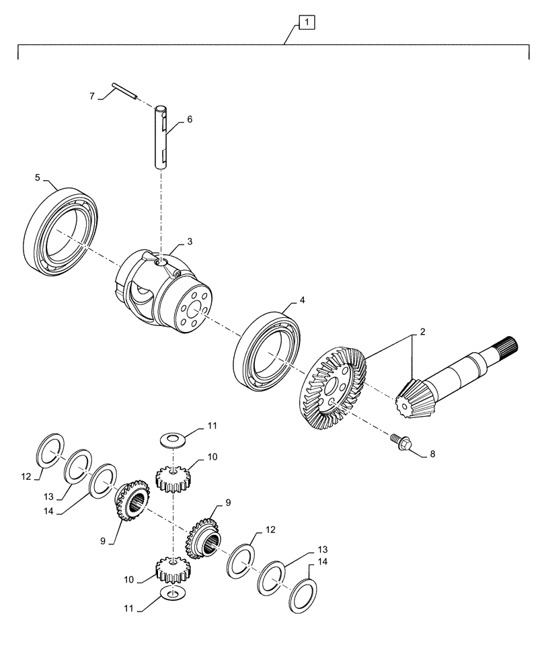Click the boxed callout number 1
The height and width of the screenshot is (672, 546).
point(306,24)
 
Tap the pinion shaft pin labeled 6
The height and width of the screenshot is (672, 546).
point(161,137)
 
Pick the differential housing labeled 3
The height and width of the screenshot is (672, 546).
point(168,292)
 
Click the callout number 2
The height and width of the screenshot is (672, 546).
point(423,332)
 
